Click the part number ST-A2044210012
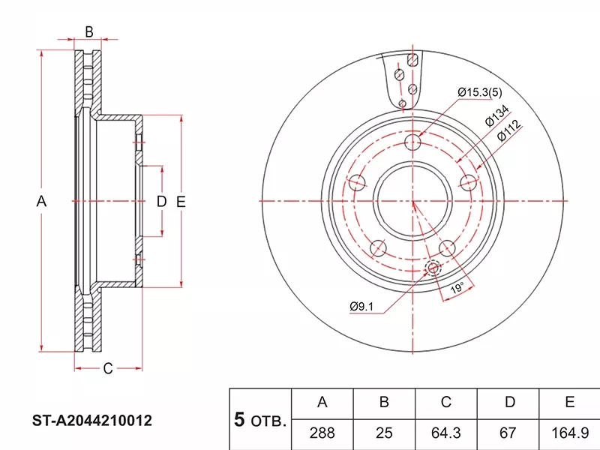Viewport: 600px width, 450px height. [x=91, y=421]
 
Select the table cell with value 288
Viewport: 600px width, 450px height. [x=322, y=433]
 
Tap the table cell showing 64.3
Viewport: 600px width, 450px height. [x=445, y=433]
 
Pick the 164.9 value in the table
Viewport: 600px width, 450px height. [x=569, y=433]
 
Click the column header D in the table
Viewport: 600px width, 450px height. [x=508, y=403]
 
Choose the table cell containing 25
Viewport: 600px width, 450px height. [x=384, y=433]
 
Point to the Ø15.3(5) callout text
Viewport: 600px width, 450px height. [x=480, y=92]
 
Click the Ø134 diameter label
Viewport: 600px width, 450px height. [x=497, y=115]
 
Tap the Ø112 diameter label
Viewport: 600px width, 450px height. [x=509, y=130]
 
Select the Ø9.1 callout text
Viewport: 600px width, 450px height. [x=361, y=306]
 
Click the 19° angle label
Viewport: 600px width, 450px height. [x=457, y=288]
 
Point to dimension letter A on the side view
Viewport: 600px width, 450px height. [x=41, y=201]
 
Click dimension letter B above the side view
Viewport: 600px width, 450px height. [x=88, y=31]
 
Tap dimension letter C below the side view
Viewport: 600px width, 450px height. [x=108, y=368]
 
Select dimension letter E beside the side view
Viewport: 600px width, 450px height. [x=181, y=202]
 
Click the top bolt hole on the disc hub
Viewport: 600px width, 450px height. [x=413, y=142]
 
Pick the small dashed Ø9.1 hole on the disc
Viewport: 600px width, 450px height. [x=433, y=268]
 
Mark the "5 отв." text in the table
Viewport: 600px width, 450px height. [x=260, y=420]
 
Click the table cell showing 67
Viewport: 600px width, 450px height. [x=508, y=433]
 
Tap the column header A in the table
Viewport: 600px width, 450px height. [x=322, y=403]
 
